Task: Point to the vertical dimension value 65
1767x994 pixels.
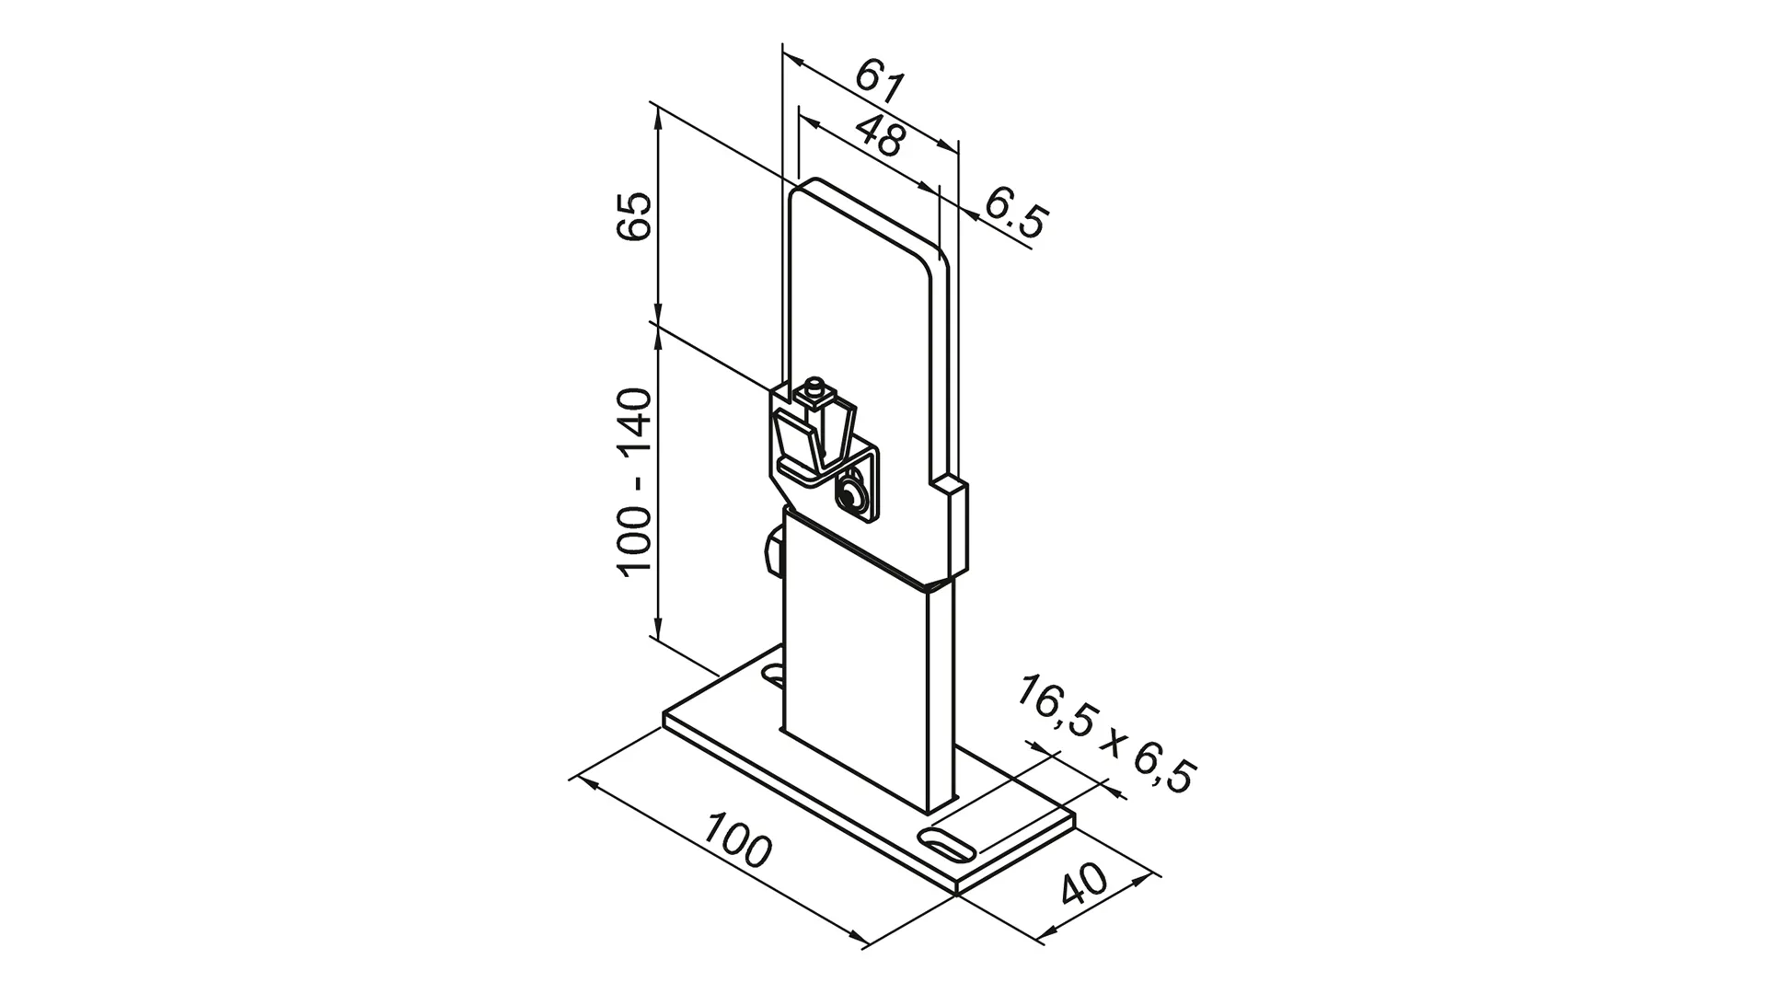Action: point(635,217)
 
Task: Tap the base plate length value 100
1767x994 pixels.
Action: point(737,840)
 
